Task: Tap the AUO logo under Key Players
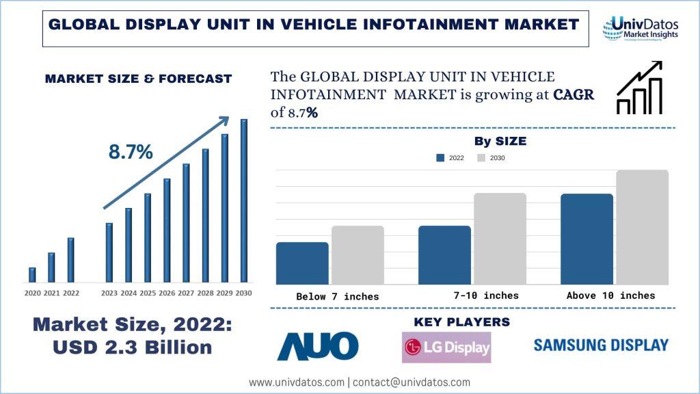pyautogui.click(x=317, y=346)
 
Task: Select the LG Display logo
pyautogui.click(x=446, y=347)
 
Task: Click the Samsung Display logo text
pyautogui.click(x=601, y=345)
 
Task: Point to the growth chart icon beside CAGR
pyautogui.click(x=639, y=88)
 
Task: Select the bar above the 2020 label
pyautogui.click(x=32, y=274)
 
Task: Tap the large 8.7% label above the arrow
pyautogui.click(x=131, y=153)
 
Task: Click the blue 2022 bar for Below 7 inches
pyautogui.click(x=302, y=263)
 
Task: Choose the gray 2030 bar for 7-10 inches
pyautogui.click(x=500, y=238)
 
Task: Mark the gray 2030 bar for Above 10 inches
pyautogui.click(x=642, y=226)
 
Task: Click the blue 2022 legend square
pyautogui.click(x=441, y=158)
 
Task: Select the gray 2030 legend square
pyautogui.click(x=481, y=158)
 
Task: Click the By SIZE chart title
pyautogui.click(x=500, y=142)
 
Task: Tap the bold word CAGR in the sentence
pyautogui.click(x=573, y=95)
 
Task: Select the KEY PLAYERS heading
pyautogui.click(x=462, y=321)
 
